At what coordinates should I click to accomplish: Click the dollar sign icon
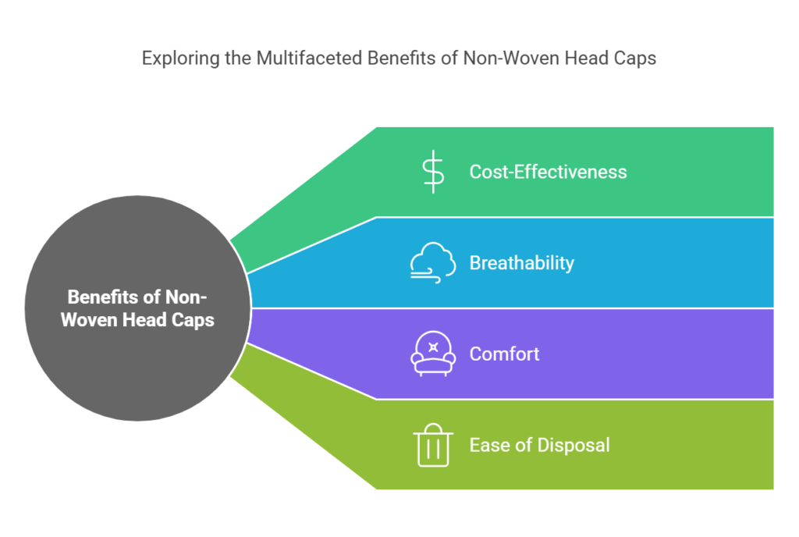pyautogui.click(x=433, y=172)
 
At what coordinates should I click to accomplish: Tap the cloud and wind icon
pyautogui.click(x=433, y=263)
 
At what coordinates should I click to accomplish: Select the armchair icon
pyautogui.click(x=433, y=354)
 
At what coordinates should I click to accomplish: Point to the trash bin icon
pyautogui.click(x=433, y=445)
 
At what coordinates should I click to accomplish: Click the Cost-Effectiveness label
pyautogui.click(x=548, y=172)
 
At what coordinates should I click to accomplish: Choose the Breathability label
pyautogui.click(x=522, y=263)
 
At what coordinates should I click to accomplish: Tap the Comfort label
pyautogui.click(x=504, y=354)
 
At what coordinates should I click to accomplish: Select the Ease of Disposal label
pyautogui.click(x=539, y=446)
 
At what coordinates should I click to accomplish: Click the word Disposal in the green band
pyautogui.click(x=574, y=446)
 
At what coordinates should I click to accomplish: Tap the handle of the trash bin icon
pyautogui.click(x=433, y=428)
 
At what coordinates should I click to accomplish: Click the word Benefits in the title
pyautogui.click(x=403, y=58)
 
